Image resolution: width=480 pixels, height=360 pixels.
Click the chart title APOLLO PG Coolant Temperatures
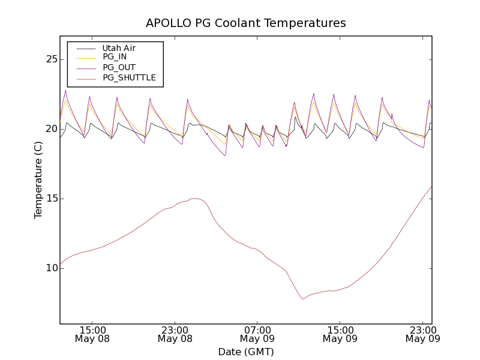tap(246, 23)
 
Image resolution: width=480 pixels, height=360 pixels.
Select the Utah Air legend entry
tap(119, 48)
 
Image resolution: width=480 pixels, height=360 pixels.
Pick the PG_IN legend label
tap(115, 57)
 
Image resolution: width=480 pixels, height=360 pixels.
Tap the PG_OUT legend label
tap(119, 67)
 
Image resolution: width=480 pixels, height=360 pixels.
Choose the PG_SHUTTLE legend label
tap(129, 77)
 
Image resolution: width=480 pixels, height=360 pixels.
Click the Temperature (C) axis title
tap(38, 179)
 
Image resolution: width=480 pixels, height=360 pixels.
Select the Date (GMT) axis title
tap(246, 352)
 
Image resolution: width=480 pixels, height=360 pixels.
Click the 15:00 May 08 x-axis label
tap(92, 334)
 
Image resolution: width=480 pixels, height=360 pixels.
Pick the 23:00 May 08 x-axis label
tap(175, 334)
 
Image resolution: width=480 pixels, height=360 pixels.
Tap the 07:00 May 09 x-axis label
tap(257, 334)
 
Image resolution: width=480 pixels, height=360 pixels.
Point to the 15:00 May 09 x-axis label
tap(340, 334)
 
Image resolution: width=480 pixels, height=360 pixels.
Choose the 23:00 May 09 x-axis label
tap(422, 334)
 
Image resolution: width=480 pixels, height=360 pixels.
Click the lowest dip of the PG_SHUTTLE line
tap(303, 299)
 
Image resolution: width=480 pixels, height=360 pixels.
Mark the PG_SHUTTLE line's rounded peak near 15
tap(194, 198)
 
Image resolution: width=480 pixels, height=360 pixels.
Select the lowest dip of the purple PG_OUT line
tap(225, 155)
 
